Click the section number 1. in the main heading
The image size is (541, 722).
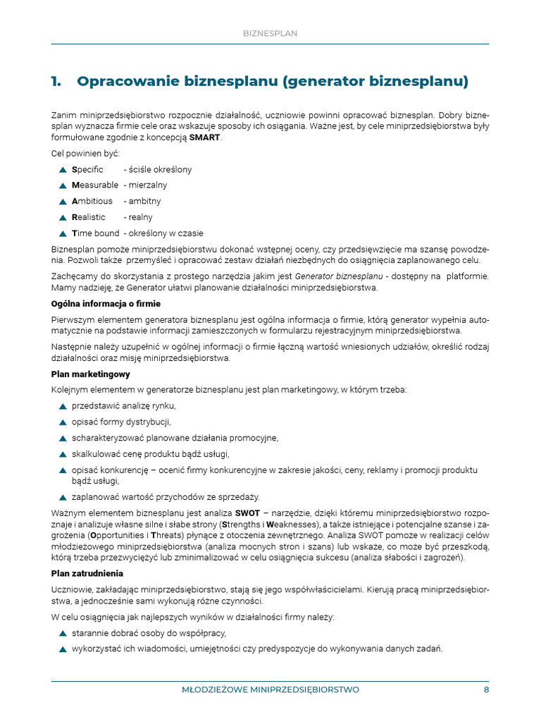57,82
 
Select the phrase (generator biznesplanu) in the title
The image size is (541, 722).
375,82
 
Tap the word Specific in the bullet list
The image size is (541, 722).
87,170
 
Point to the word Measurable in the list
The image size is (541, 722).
95,185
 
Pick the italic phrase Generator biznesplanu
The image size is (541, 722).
338,276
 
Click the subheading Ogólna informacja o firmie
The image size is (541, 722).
106,304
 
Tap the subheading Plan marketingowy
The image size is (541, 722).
90,374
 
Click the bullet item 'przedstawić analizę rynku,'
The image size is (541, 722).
123,406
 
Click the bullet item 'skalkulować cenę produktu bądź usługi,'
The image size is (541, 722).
151,454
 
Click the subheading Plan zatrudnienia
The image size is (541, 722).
87,573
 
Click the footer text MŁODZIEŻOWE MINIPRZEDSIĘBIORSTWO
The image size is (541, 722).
270,690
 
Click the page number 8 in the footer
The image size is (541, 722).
486,690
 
